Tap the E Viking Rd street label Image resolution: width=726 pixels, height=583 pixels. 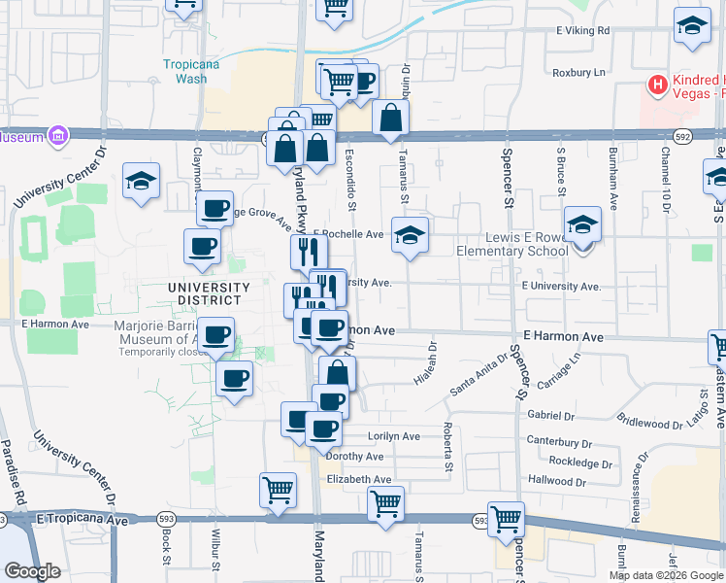click(582, 31)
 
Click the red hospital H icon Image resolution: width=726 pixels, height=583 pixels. click(658, 86)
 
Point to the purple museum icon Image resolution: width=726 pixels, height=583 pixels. click(58, 136)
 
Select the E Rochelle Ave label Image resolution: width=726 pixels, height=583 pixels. click(348, 234)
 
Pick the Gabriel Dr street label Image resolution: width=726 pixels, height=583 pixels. click(549, 415)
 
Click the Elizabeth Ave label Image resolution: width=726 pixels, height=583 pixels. click(358, 479)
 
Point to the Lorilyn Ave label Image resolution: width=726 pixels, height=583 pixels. click(393, 436)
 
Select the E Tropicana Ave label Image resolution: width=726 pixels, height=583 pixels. click(84, 521)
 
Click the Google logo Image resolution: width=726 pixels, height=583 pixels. click(33, 571)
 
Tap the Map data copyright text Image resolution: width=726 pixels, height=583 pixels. click(666, 575)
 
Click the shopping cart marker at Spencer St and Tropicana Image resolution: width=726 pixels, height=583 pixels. click(507, 521)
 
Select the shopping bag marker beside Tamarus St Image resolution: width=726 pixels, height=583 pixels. click(389, 120)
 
